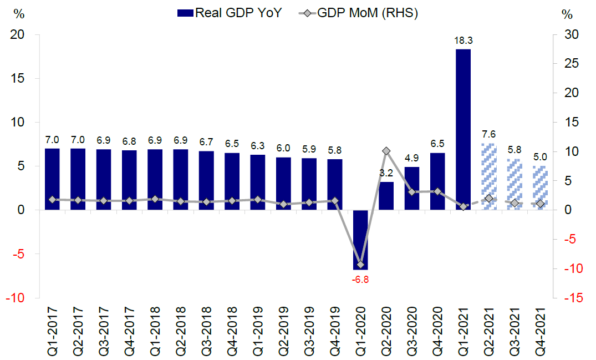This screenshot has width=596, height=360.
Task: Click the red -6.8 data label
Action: click(360, 280)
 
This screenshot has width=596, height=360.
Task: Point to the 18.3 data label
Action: click(463, 40)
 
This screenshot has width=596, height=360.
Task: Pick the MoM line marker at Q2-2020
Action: click(386, 151)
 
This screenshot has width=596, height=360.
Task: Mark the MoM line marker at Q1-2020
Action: click(360, 264)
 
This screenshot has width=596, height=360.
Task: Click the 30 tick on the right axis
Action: click(570, 34)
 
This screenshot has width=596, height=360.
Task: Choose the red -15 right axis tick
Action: click(570, 298)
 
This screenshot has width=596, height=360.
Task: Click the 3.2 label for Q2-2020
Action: click(386, 173)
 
